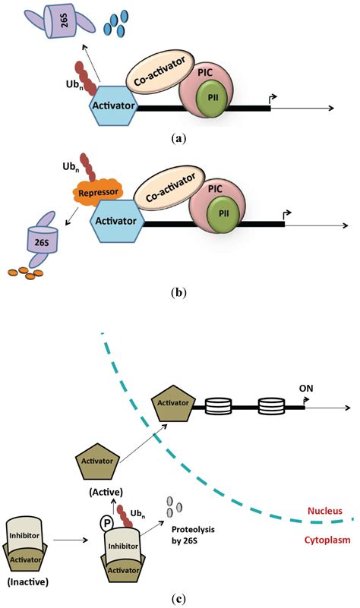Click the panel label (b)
[x=178, y=290]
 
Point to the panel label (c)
[x=179, y=596]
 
